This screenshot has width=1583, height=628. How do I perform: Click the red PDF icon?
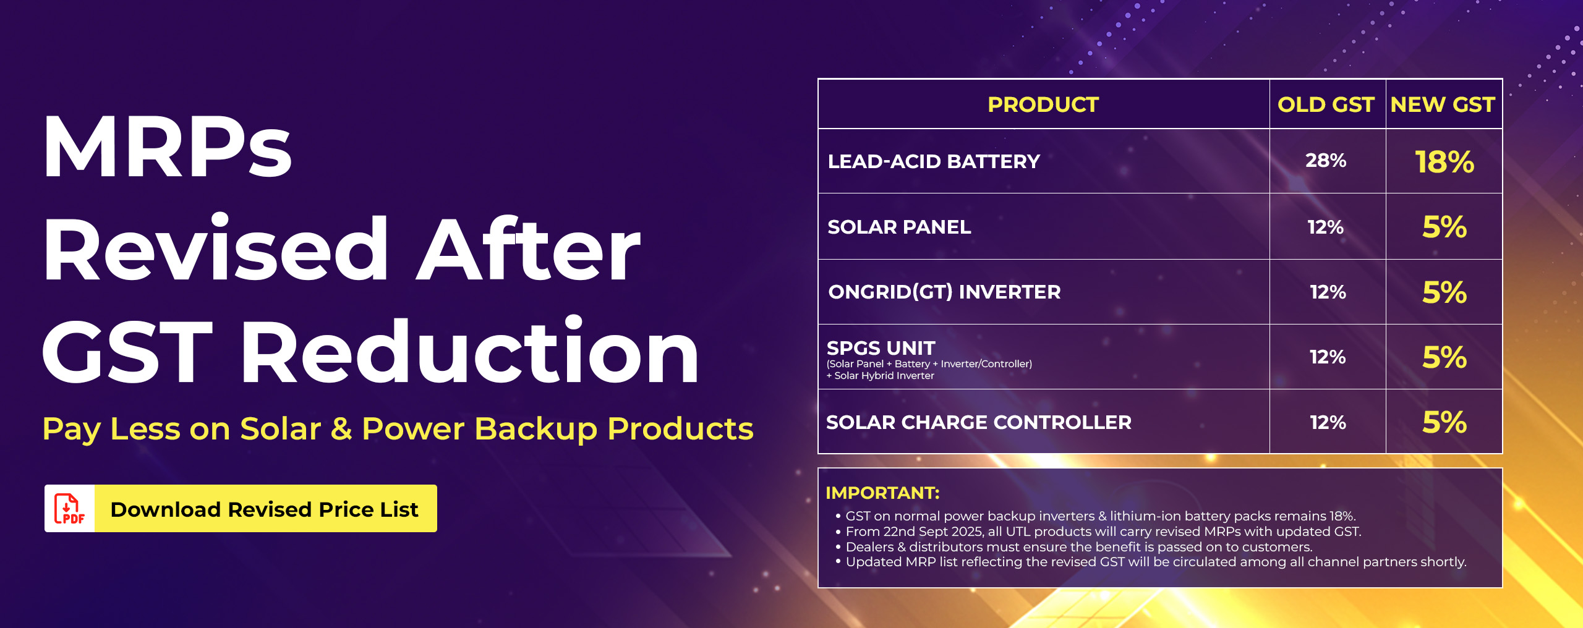[69, 509]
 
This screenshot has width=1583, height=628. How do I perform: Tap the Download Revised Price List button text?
[264, 509]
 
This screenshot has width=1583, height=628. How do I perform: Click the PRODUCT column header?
[1043, 104]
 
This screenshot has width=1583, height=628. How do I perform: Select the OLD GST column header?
[1326, 104]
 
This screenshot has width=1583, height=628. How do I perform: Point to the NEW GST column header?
[1443, 104]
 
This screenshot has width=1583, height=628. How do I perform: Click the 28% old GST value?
[1326, 161]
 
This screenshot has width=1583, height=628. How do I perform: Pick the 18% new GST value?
[1444, 162]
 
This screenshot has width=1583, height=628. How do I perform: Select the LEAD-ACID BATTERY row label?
[934, 161]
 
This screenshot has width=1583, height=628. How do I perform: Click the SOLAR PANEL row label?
[899, 227]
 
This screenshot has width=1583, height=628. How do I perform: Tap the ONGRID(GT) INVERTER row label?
[944, 292]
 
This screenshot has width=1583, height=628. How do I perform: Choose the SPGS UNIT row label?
[881, 348]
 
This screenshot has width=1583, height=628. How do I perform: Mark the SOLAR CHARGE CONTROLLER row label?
[979, 422]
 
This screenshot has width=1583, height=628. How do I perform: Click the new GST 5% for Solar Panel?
[1444, 227]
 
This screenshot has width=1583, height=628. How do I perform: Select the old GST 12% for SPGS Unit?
[1328, 357]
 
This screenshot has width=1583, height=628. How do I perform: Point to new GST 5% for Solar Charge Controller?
[1444, 422]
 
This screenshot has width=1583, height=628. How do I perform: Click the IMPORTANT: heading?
[882, 493]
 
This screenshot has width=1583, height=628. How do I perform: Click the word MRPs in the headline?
[167, 146]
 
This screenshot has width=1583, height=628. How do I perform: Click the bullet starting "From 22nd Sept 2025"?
[1098, 532]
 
